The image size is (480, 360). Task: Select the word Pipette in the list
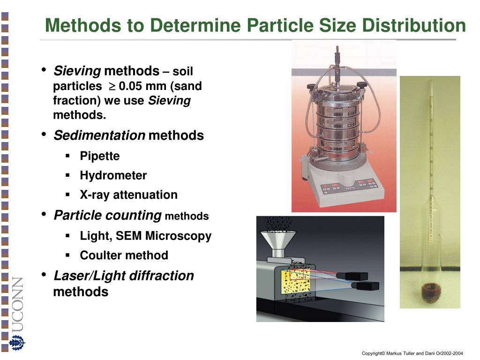[x=99, y=156]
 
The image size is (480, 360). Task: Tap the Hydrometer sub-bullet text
[x=113, y=176]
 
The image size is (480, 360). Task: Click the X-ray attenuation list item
[x=128, y=195]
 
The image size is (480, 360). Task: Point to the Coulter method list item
[x=124, y=255]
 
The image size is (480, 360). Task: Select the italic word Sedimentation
[x=99, y=136]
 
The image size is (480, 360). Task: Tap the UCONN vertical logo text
[x=17, y=305]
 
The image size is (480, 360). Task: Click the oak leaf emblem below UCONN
[x=17, y=343]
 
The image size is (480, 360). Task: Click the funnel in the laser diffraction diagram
[x=278, y=243]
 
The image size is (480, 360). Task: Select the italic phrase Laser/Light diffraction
[x=124, y=276]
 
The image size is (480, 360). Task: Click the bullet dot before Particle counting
[x=44, y=214]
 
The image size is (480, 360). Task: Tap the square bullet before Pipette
[x=68, y=156]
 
